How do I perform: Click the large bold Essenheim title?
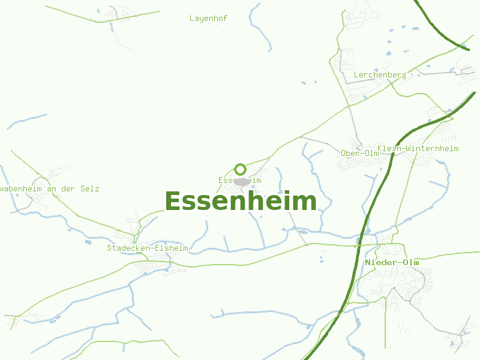click(x=240, y=202)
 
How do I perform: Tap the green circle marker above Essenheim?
click(x=241, y=169)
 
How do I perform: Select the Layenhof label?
click(x=208, y=19)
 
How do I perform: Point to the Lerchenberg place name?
click(x=380, y=75)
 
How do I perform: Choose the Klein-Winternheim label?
click(x=418, y=148)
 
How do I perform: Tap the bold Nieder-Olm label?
click(x=392, y=263)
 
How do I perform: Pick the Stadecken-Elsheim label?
click(x=148, y=248)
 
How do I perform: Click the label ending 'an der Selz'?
click(x=50, y=188)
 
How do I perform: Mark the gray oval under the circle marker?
click(x=242, y=181)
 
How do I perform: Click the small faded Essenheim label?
click(x=240, y=180)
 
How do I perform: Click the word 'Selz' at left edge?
click(x=91, y=188)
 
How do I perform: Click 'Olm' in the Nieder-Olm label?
click(x=410, y=263)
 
